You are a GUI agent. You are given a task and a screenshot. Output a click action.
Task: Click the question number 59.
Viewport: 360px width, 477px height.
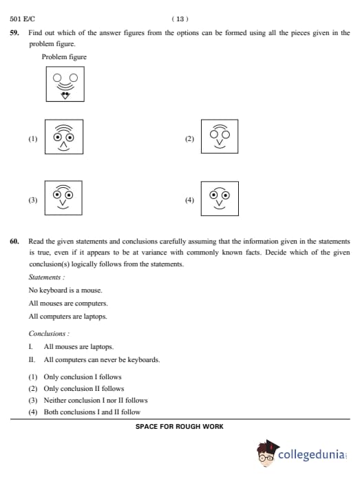click(x=14, y=33)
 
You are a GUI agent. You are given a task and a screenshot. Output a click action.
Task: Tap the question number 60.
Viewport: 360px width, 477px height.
click(x=14, y=242)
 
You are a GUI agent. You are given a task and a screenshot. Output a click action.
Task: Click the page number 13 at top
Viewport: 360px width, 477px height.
click(x=180, y=19)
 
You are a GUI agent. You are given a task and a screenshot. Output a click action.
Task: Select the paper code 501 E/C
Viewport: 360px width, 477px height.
click(x=22, y=19)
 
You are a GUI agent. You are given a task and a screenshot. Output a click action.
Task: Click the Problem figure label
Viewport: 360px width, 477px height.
click(x=64, y=57)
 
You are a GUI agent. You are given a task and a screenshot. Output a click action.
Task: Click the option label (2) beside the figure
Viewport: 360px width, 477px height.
click(x=189, y=139)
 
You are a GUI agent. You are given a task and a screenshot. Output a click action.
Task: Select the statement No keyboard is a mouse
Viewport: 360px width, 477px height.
click(x=65, y=290)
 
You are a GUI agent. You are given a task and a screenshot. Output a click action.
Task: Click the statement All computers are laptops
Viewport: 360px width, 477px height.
click(x=68, y=317)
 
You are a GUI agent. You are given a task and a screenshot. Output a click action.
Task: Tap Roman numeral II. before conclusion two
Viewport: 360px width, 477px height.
click(x=32, y=360)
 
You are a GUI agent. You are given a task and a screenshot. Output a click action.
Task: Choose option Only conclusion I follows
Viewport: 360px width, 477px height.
click(x=83, y=377)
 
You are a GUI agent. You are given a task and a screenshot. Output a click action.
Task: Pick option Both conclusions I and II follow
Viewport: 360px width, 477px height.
click(x=92, y=412)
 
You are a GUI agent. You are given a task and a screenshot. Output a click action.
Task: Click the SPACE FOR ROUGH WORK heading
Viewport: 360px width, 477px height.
click(x=180, y=427)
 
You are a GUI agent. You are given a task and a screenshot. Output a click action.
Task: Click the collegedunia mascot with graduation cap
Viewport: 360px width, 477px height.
click(x=267, y=453)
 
